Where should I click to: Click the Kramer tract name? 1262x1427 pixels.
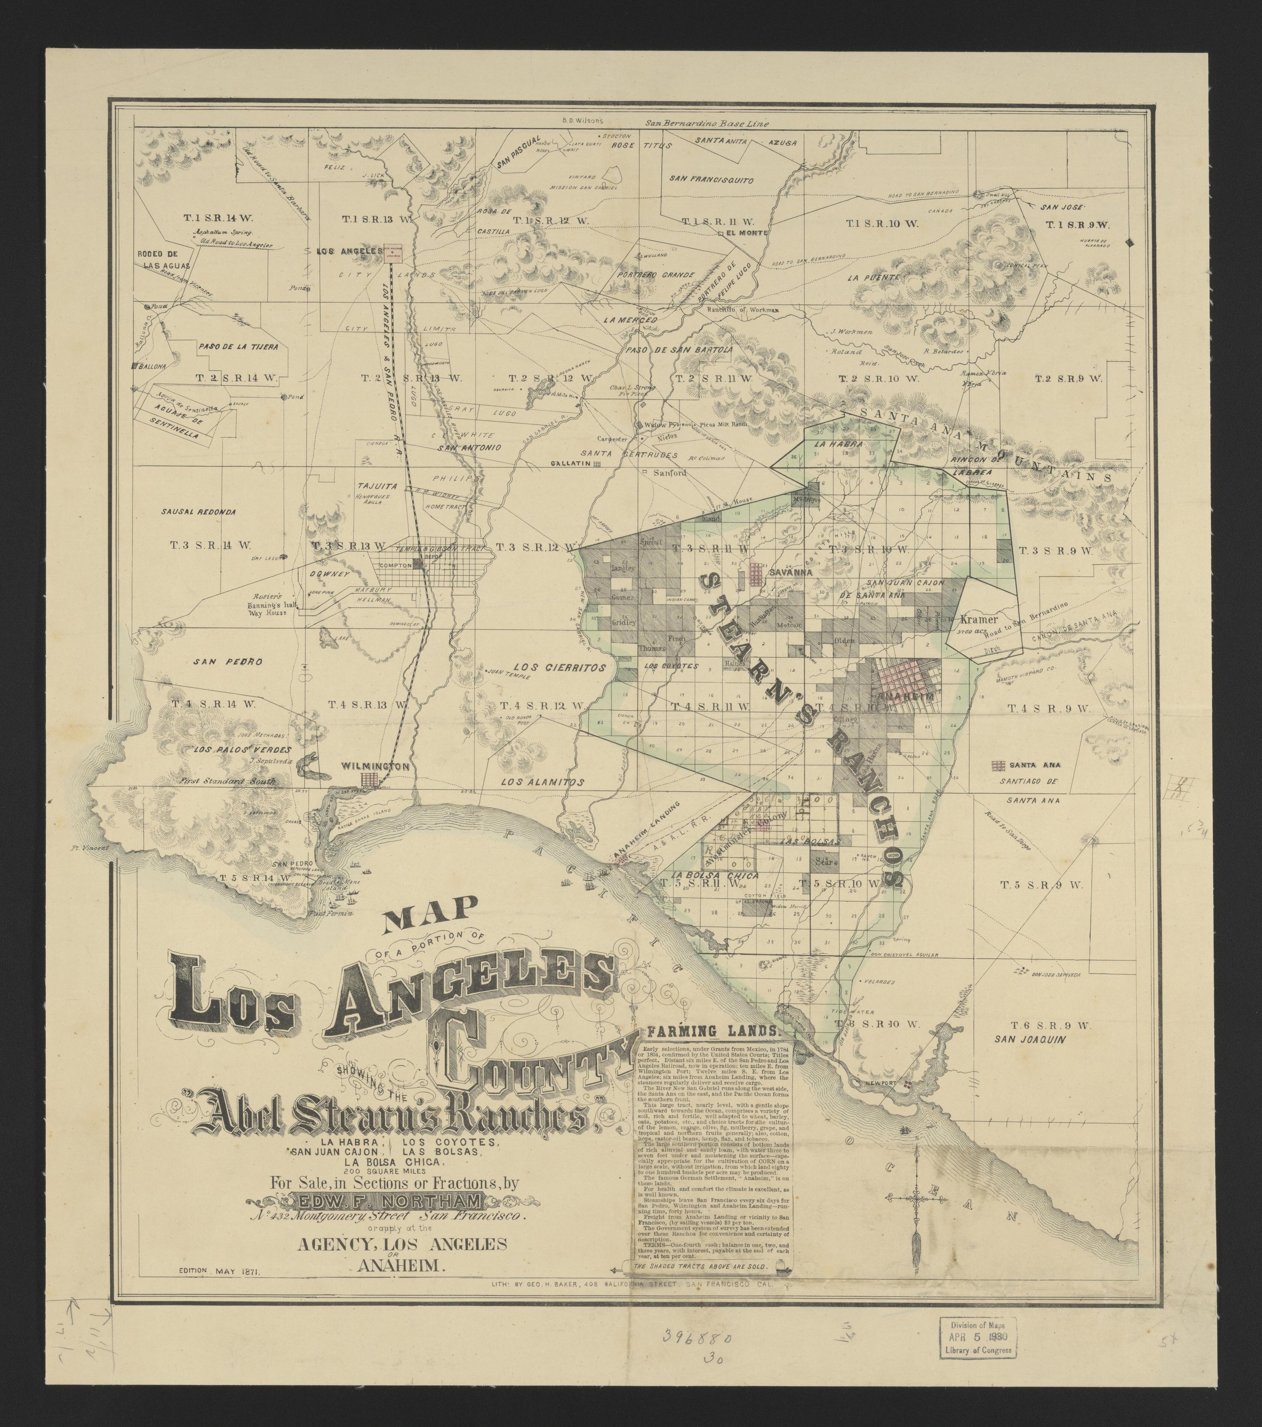point(976,619)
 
